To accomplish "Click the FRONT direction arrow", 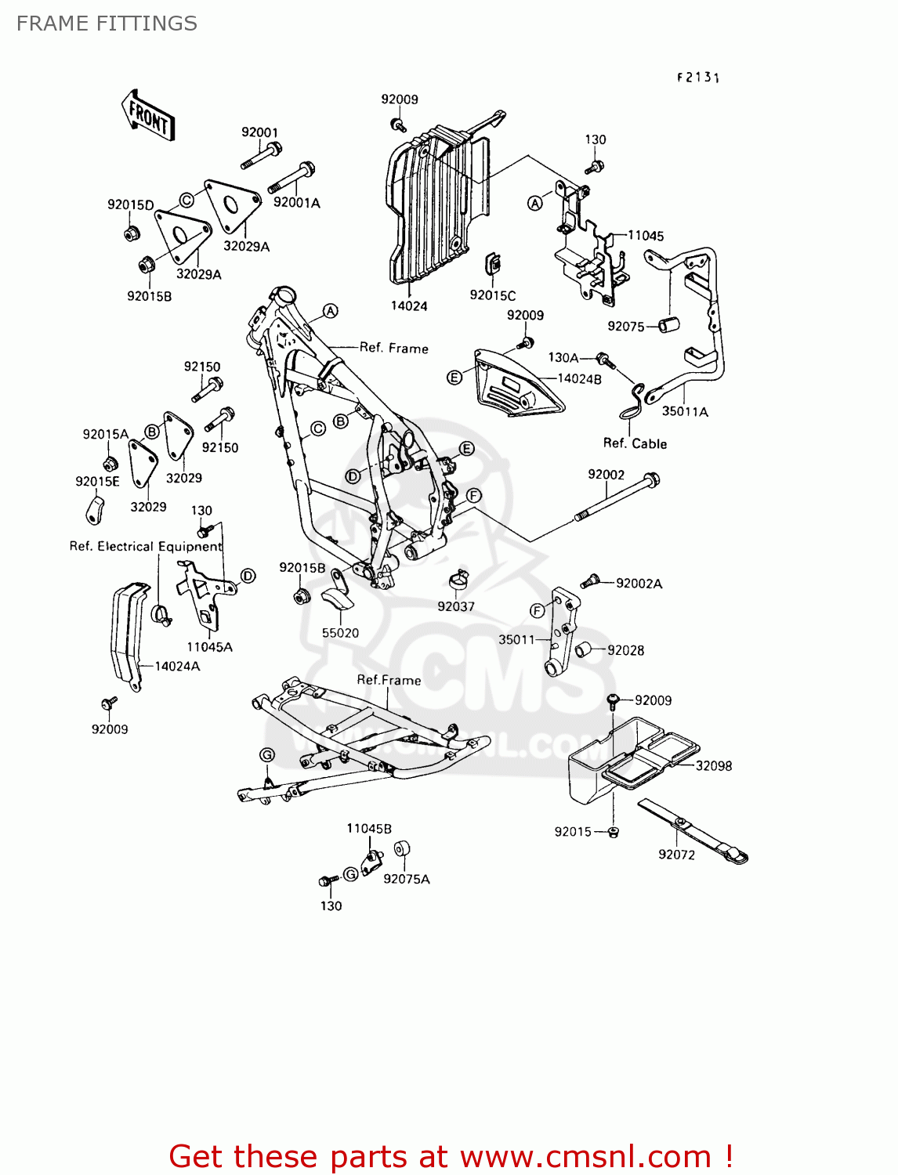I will click(148, 116).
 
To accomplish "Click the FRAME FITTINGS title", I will click(107, 23).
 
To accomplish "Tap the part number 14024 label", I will click(409, 305).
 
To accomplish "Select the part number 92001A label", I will click(296, 203).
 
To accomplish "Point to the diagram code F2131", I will click(698, 77).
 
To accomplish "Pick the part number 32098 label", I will click(713, 766).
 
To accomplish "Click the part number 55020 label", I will click(340, 633).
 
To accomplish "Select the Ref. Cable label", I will click(635, 443).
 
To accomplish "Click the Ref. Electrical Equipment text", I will click(146, 546).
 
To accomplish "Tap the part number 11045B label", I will click(369, 829).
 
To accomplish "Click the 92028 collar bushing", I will click(584, 649).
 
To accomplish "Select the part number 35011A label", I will click(685, 411).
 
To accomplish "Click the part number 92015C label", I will click(493, 295).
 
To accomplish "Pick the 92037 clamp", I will click(458, 580).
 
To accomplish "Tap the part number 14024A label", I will click(177, 666).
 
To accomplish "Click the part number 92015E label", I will click(97, 481).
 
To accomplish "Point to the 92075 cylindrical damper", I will click(667, 324).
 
